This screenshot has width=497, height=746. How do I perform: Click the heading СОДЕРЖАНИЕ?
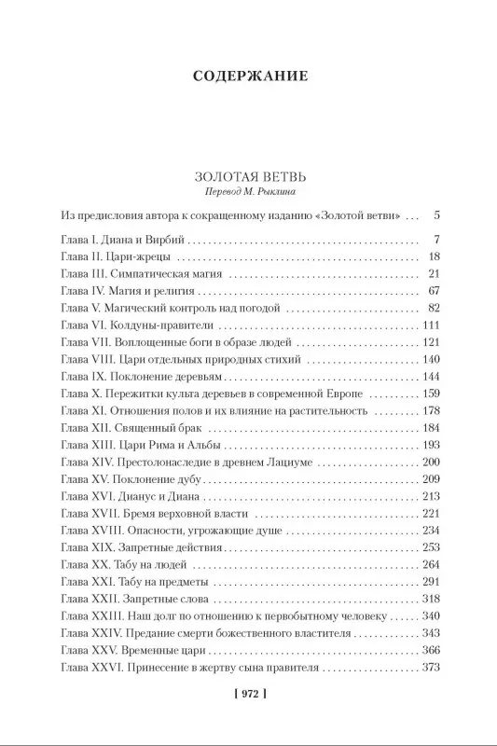(248, 75)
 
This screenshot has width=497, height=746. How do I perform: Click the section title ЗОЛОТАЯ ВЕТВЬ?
(248, 174)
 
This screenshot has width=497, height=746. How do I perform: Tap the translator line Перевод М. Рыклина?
(248, 191)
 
